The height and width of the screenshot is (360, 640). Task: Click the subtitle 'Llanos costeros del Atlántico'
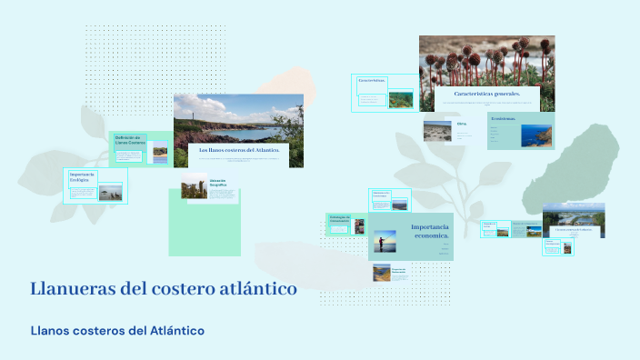tap(117, 330)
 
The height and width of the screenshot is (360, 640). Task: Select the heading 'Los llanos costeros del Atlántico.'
tap(239, 149)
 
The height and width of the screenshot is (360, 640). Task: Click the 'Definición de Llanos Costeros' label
tap(130, 140)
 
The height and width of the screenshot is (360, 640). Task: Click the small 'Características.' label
tap(372, 81)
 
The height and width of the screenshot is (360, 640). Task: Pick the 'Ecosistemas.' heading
tap(504, 118)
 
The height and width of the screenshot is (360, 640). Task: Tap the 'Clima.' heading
tap(462, 124)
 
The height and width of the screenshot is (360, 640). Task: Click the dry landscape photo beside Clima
tap(437, 131)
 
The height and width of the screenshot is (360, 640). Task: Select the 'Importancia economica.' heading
tap(430, 231)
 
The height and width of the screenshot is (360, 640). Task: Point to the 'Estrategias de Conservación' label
tap(339, 218)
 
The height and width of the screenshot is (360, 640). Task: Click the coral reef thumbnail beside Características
tap(400, 99)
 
